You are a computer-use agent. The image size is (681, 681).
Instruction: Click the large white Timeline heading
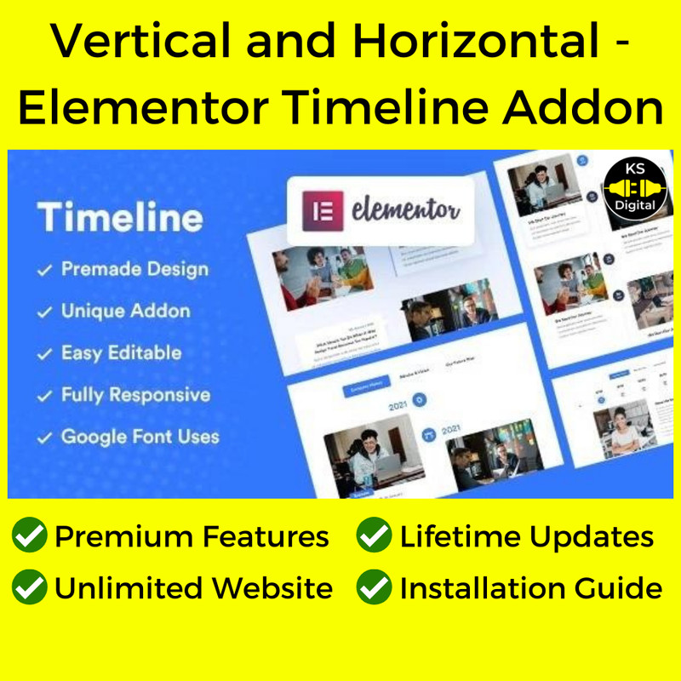[x=120, y=217]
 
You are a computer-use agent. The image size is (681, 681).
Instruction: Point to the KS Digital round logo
[x=633, y=188]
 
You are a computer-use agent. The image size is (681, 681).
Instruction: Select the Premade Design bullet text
[x=134, y=270]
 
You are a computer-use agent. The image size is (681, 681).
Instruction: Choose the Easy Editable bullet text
[x=121, y=352]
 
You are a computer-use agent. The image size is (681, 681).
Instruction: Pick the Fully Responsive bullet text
[x=135, y=395]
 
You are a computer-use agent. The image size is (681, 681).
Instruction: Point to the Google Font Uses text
[x=140, y=438]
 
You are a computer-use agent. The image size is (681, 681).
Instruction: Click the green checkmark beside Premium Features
[x=29, y=536]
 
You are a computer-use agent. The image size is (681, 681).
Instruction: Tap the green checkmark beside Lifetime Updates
[x=374, y=536]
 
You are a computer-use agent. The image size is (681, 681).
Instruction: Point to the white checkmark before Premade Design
[x=43, y=271]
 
